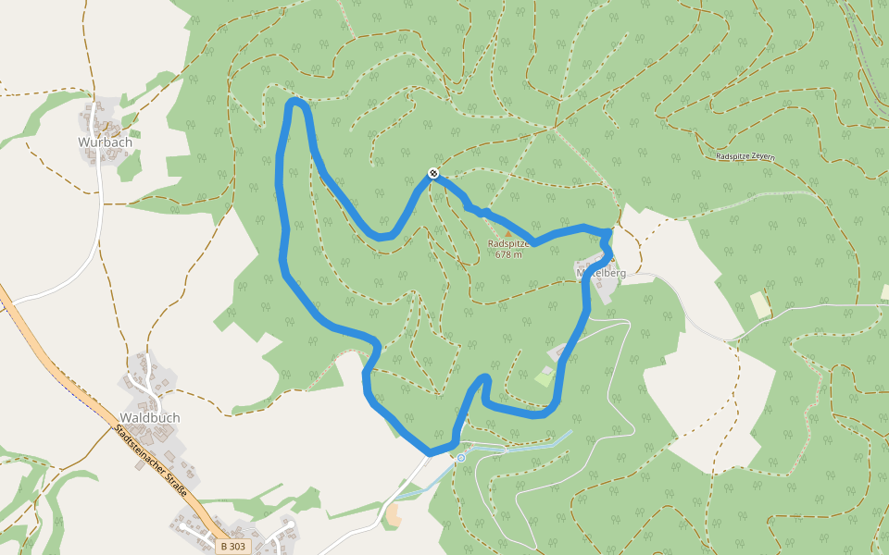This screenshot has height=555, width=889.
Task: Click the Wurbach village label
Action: click(x=105, y=142)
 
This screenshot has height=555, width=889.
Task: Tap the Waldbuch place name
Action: click(x=149, y=418)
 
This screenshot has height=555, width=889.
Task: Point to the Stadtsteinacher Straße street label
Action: click(x=153, y=462)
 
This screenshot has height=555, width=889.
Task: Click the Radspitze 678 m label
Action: click(x=508, y=249)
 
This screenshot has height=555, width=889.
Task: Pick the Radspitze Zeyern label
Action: click(x=745, y=156)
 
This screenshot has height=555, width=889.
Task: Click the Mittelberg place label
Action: click(x=601, y=273)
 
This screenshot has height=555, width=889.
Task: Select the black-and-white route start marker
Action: click(x=432, y=174)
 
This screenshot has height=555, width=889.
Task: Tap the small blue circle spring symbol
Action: click(x=460, y=458)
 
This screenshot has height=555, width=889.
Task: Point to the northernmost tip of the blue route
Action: click(x=295, y=101)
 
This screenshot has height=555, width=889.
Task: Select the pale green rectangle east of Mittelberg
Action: click(x=759, y=304)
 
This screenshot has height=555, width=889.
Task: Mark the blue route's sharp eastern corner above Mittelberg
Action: click(x=607, y=231)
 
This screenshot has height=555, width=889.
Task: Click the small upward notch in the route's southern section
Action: click(x=483, y=378)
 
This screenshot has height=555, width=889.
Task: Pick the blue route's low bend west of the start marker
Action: click(x=382, y=237)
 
